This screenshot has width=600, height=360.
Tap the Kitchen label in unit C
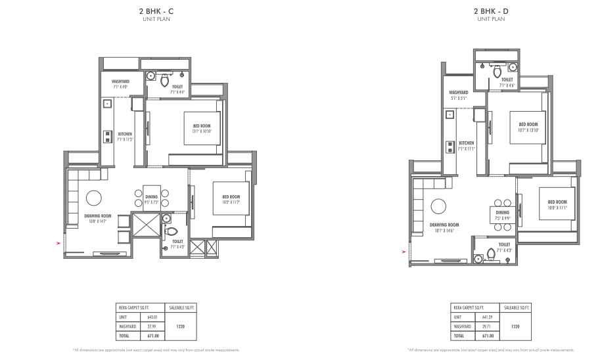pos(124,134)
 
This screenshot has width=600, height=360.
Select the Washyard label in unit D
pos(459,93)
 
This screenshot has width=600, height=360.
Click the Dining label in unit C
pos(152,196)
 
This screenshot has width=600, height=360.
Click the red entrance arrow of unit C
pos(58,244)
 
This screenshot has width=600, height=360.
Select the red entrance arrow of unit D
pos(404,250)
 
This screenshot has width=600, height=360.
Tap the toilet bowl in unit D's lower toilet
pos(491,254)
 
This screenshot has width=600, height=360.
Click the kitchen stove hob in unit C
pos(107,136)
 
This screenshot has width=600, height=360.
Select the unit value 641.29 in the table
pos(486,316)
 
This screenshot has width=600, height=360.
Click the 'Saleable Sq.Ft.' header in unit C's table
pos(183,307)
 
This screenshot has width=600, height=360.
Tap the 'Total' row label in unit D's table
pos(457,335)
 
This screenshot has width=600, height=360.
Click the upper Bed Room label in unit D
pos(528,124)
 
